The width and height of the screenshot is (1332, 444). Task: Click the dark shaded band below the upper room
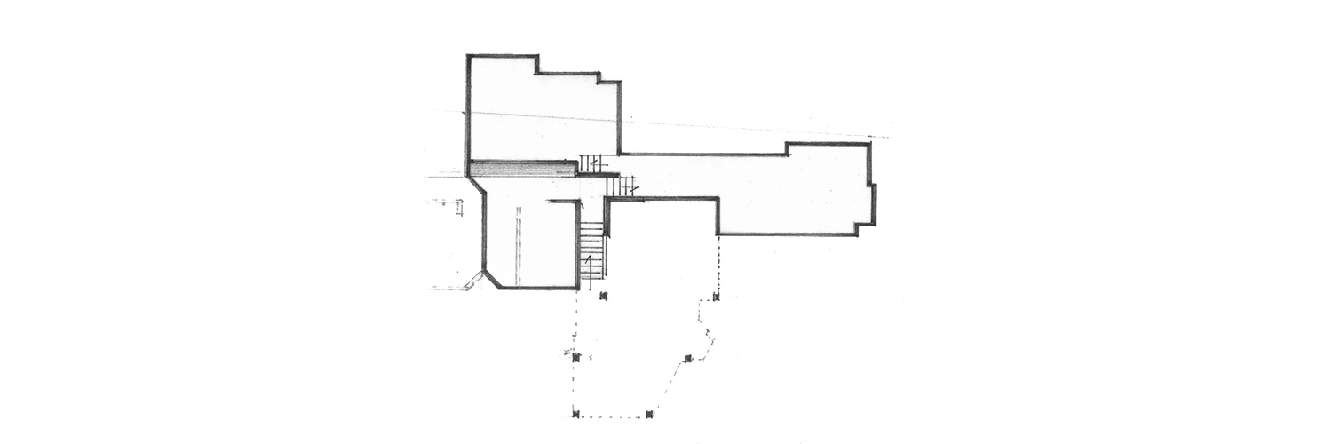click(x=522, y=169)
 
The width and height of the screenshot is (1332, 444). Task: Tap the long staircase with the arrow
click(x=591, y=251)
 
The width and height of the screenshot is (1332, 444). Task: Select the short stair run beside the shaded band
click(x=592, y=163)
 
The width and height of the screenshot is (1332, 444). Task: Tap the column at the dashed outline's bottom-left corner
click(x=575, y=414)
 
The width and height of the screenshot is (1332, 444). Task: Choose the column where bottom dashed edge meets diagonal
click(x=649, y=414)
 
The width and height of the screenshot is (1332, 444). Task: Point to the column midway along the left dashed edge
click(x=575, y=357)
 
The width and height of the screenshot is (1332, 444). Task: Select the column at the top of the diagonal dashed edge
click(x=688, y=359)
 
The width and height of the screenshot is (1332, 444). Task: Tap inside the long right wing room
click(x=781, y=191)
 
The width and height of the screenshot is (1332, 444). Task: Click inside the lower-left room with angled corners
click(x=528, y=235)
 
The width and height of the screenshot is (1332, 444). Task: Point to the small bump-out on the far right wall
click(x=874, y=204)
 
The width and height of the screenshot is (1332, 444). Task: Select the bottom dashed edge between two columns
click(x=613, y=416)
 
